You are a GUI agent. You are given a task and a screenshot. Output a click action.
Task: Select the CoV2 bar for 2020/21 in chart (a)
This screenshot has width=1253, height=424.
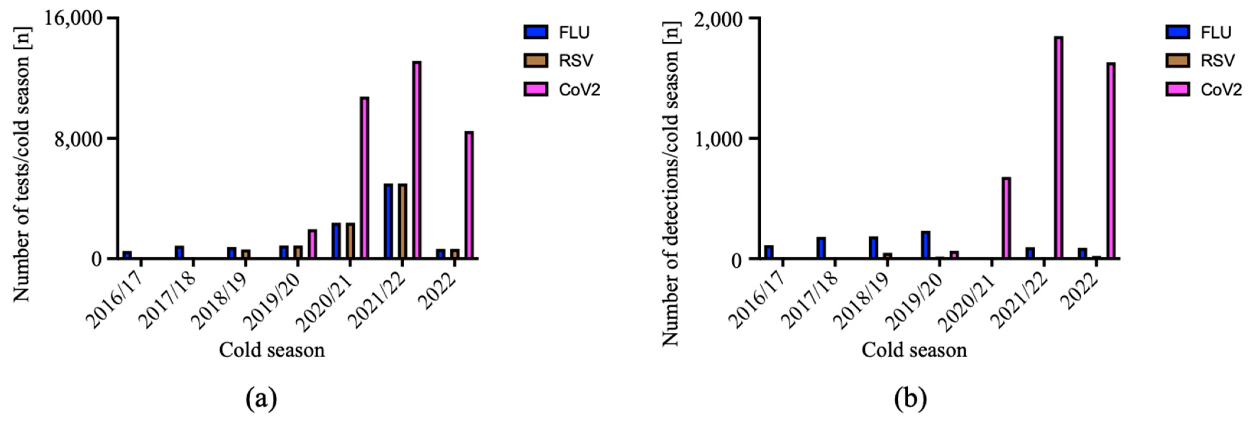(364, 178)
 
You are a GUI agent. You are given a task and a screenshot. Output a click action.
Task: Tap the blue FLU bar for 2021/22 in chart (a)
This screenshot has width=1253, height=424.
(388, 221)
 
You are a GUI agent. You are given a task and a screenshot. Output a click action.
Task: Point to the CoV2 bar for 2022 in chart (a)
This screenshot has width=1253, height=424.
(469, 195)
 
